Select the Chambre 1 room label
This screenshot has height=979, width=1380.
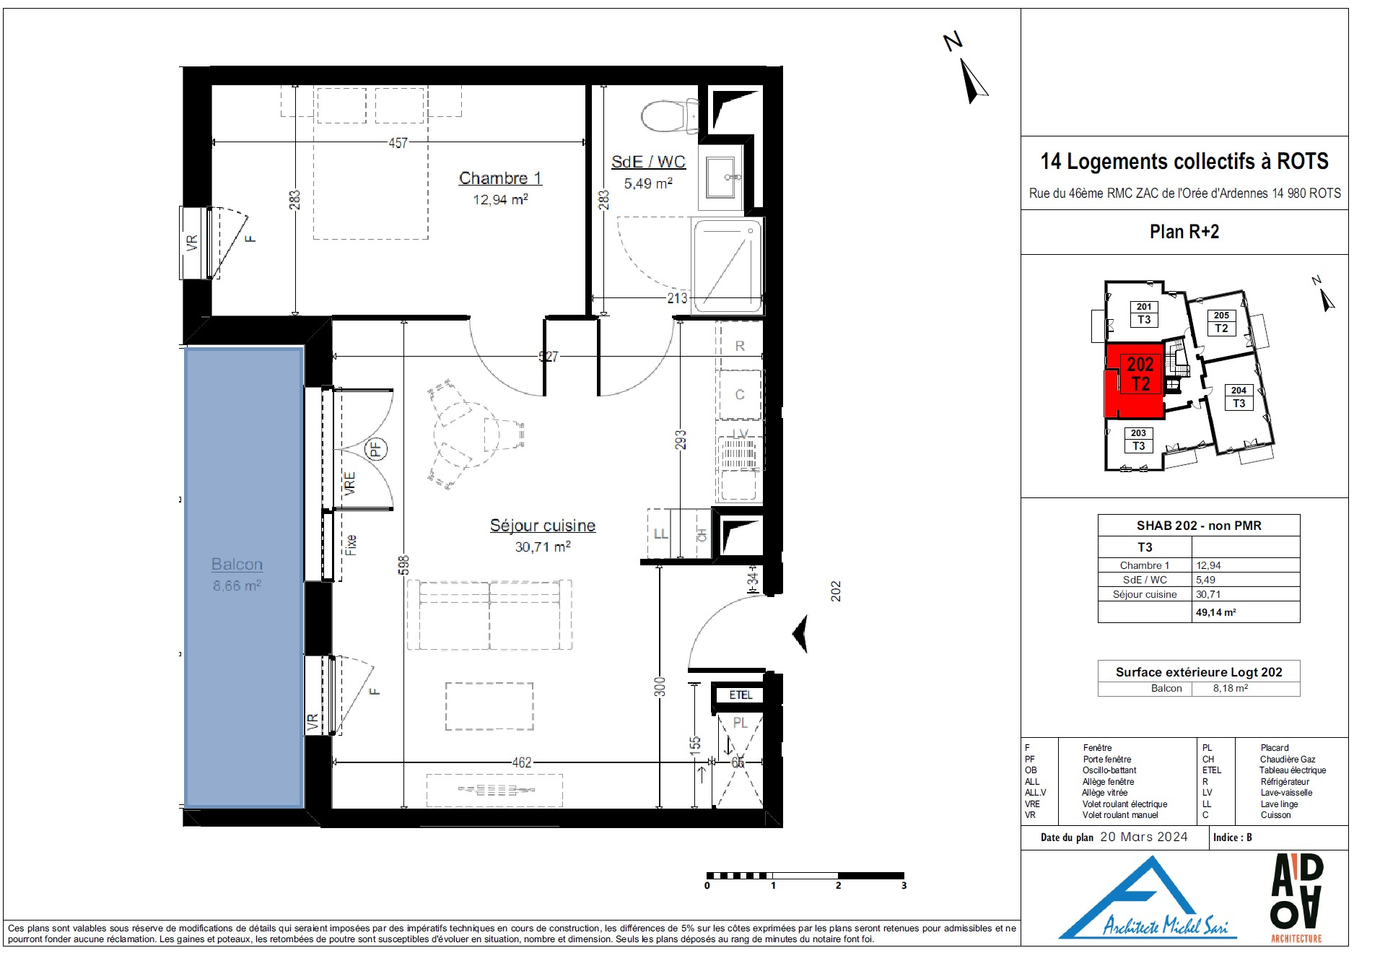coord(500,178)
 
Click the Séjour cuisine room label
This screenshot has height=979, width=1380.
coord(543,526)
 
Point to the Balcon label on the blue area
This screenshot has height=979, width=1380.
coord(237,565)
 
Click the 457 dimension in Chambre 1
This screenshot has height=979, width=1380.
coord(398,143)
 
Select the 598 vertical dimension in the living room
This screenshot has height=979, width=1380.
coord(403,565)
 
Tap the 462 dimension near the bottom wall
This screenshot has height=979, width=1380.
coord(522,762)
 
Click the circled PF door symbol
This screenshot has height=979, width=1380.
coord(376,449)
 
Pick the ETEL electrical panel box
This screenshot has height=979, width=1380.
coord(741,695)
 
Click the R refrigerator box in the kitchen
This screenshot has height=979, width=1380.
coord(740,346)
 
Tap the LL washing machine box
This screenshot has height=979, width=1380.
coord(660,534)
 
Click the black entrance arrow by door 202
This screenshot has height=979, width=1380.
coord(800,634)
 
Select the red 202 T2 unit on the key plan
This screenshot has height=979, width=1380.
coord(1135,380)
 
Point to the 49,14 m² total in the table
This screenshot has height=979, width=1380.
coord(1216,612)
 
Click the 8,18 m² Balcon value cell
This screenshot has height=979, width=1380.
coord(1231,688)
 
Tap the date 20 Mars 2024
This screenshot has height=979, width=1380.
coord(1144,837)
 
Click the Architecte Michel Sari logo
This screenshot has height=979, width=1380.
coord(1148,899)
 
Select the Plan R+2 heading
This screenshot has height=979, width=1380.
coord(1184,232)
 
